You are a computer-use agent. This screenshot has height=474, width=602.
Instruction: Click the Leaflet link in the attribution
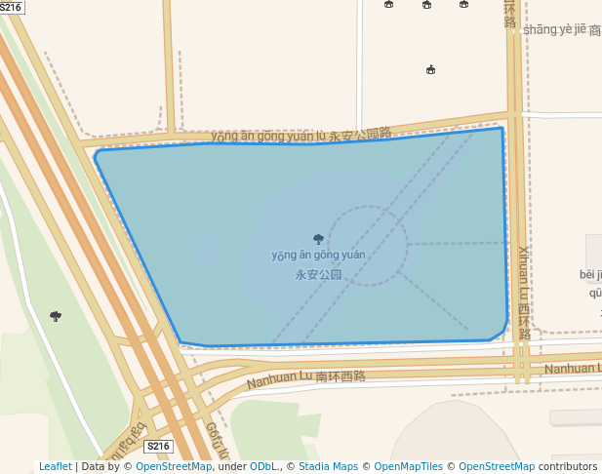coord(55,466)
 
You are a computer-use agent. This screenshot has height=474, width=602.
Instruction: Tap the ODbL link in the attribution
coord(262,466)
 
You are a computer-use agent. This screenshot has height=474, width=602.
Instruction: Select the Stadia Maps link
coord(327,466)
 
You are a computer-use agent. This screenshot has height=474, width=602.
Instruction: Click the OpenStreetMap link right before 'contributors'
coord(497,466)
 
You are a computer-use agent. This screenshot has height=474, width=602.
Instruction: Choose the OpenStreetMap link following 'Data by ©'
coord(174,466)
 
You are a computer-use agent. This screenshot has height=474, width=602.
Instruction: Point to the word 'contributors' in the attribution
coord(568,466)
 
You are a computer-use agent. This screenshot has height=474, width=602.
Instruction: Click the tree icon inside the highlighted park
coord(318,239)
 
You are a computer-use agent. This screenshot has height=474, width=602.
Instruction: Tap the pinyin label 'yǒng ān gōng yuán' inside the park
coord(318,256)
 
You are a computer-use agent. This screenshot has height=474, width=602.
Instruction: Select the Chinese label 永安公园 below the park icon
coord(318,275)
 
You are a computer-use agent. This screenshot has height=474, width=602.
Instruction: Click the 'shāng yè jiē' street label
coord(555,29)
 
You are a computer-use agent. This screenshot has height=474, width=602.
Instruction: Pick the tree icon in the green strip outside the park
coord(56,316)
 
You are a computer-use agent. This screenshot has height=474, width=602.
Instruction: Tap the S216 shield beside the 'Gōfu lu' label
coord(158,447)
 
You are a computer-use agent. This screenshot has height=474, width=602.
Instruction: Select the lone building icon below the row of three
coord(430,69)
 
